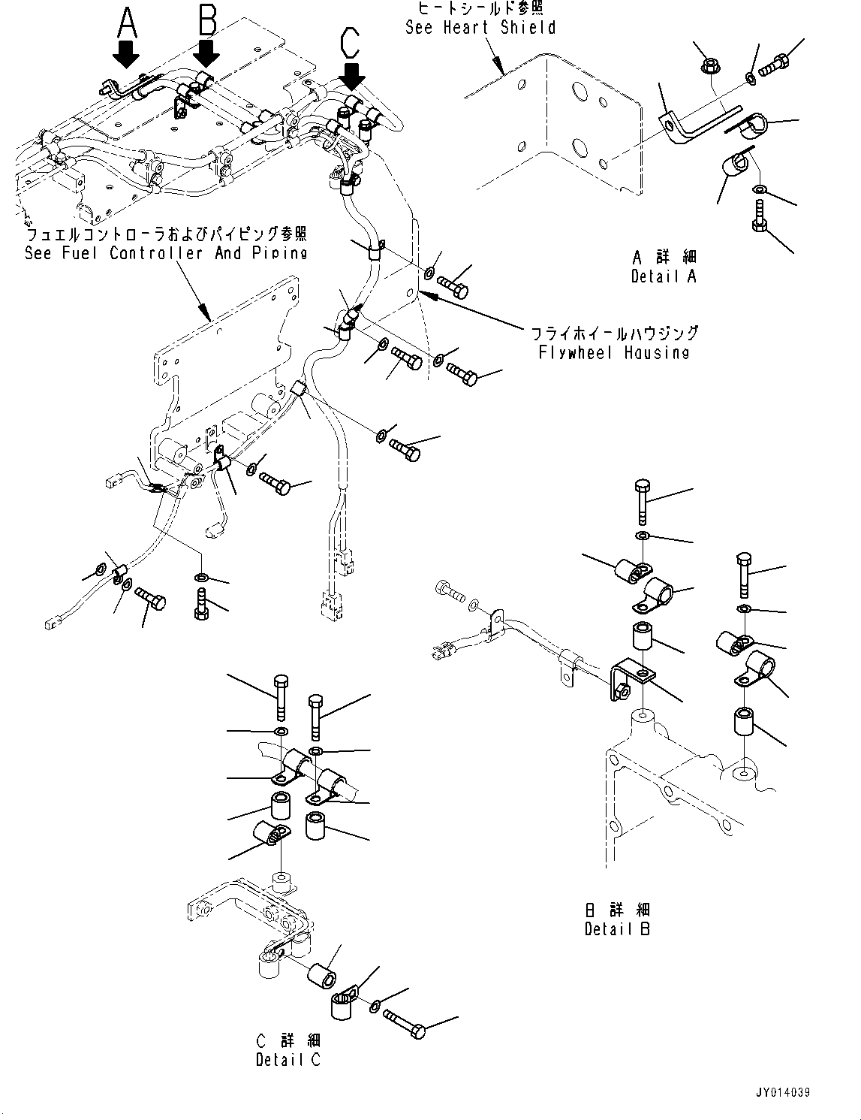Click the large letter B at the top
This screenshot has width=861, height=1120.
pos(207,20)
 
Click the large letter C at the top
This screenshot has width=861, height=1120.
pos(350,44)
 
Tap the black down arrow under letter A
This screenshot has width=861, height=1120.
pos(126,55)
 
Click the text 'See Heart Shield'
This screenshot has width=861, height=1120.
pos(480,28)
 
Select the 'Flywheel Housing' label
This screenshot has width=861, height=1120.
pos(613,352)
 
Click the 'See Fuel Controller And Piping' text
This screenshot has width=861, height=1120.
pos(166,253)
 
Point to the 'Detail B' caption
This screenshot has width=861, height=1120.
pos(617,929)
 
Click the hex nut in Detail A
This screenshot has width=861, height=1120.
pos(709,67)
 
